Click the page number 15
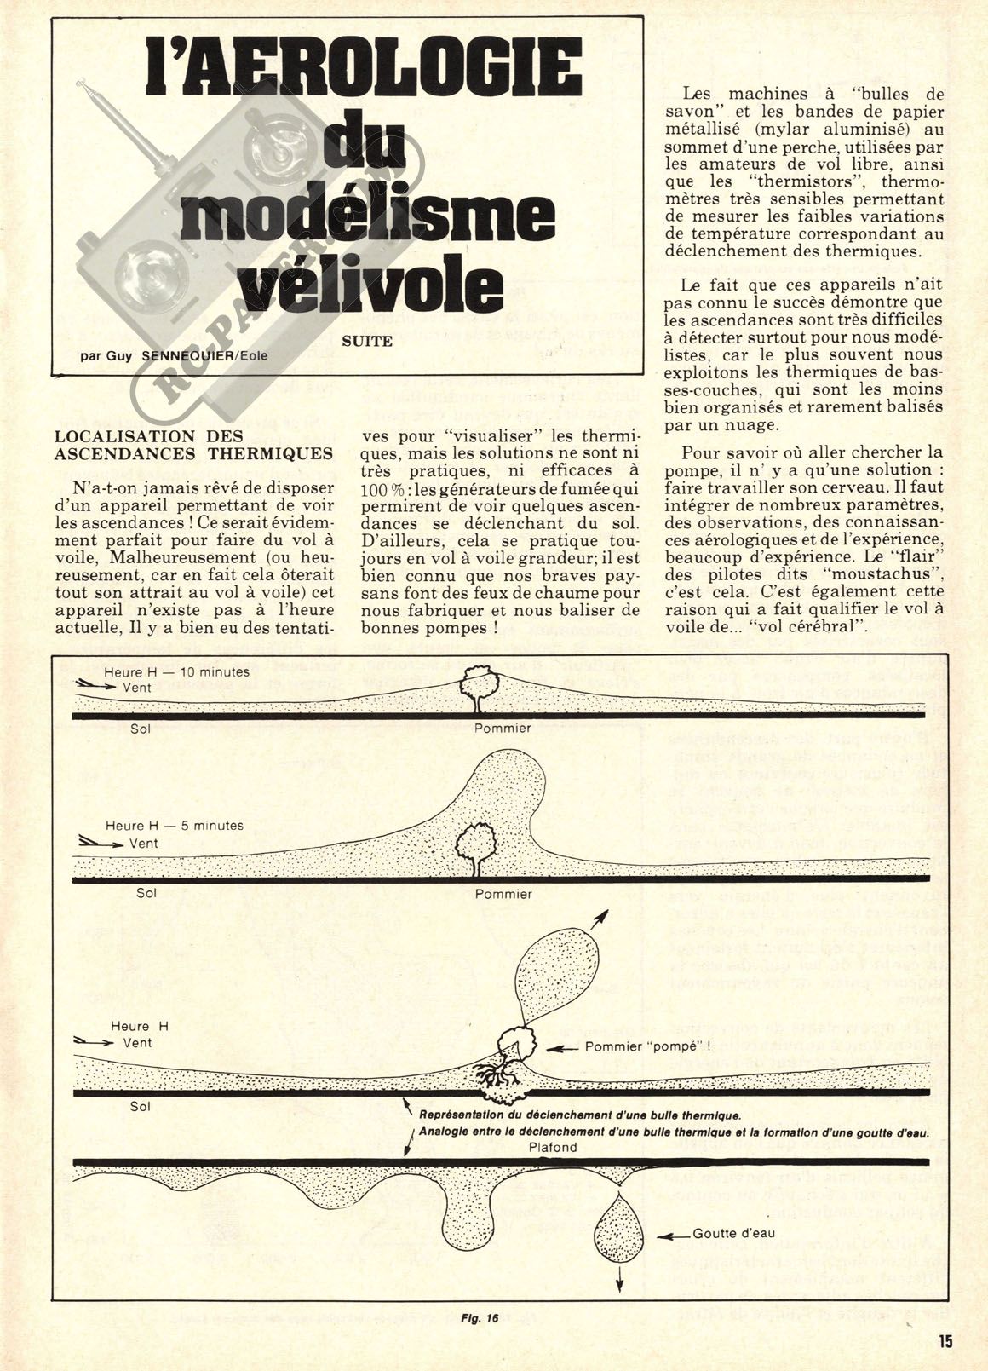click(944, 1340)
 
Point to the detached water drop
click(619, 1228)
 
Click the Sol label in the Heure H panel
click(141, 1106)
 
